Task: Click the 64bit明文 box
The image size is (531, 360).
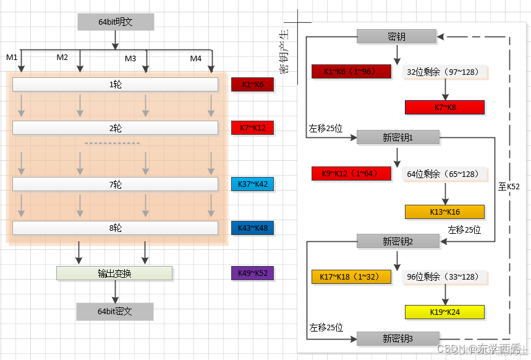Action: [115, 22]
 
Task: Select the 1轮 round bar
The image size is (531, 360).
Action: [115, 84]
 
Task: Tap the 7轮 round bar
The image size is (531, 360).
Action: [115, 184]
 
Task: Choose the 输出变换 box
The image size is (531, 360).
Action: [114, 273]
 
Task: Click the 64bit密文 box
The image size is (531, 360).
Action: [115, 311]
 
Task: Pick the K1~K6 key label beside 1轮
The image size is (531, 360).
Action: [252, 84]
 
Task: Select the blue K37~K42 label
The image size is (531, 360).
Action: [252, 184]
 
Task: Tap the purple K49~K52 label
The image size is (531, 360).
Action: [252, 273]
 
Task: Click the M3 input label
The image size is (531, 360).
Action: [130, 59]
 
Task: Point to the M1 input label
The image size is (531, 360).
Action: [12, 58]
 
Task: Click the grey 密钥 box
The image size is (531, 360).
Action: [396, 36]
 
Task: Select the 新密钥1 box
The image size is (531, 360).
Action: [397, 137]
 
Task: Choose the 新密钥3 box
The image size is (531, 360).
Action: [397, 338]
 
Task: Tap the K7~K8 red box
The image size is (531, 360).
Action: [444, 108]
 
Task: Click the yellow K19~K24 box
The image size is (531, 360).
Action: [444, 312]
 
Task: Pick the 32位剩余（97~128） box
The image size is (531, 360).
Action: [444, 72]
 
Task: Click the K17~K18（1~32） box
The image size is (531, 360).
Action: [351, 276]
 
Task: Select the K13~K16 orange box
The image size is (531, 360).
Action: [444, 212]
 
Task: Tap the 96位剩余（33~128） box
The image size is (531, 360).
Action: [444, 276]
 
